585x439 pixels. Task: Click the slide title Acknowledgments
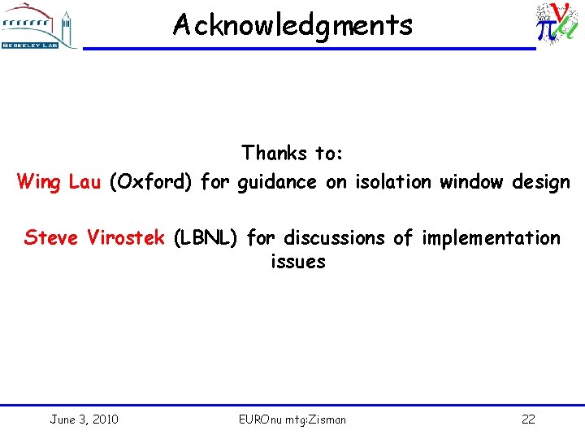(x=292, y=25)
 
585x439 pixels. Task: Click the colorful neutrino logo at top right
(x=556, y=24)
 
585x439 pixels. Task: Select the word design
(x=541, y=182)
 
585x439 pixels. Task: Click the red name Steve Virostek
(x=94, y=237)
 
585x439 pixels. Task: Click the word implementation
(x=489, y=238)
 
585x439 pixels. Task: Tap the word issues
(x=297, y=262)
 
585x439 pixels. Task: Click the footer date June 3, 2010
(x=84, y=419)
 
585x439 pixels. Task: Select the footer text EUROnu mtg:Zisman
(x=292, y=419)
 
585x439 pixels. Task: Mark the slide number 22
(x=528, y=419)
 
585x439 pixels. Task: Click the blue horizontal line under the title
(x=309, y=49)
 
